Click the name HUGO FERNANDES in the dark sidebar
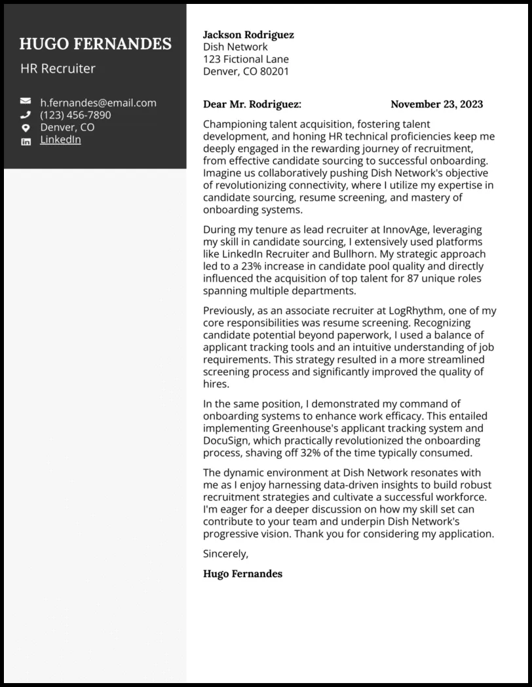(95, 44)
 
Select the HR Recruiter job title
(58, 68)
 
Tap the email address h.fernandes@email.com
(98, 102)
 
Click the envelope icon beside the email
(26, 102)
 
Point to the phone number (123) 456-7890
(75, 115)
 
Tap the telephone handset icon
(26, 115)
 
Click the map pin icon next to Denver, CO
(26, 128)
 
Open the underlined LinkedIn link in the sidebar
(60, 140)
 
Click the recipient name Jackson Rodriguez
(248, 34)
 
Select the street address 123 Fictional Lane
(246, 59)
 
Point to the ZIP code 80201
(275, 71)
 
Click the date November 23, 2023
(436, 104)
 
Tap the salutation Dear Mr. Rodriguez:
(252, 104)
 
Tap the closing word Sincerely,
(226, 553)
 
